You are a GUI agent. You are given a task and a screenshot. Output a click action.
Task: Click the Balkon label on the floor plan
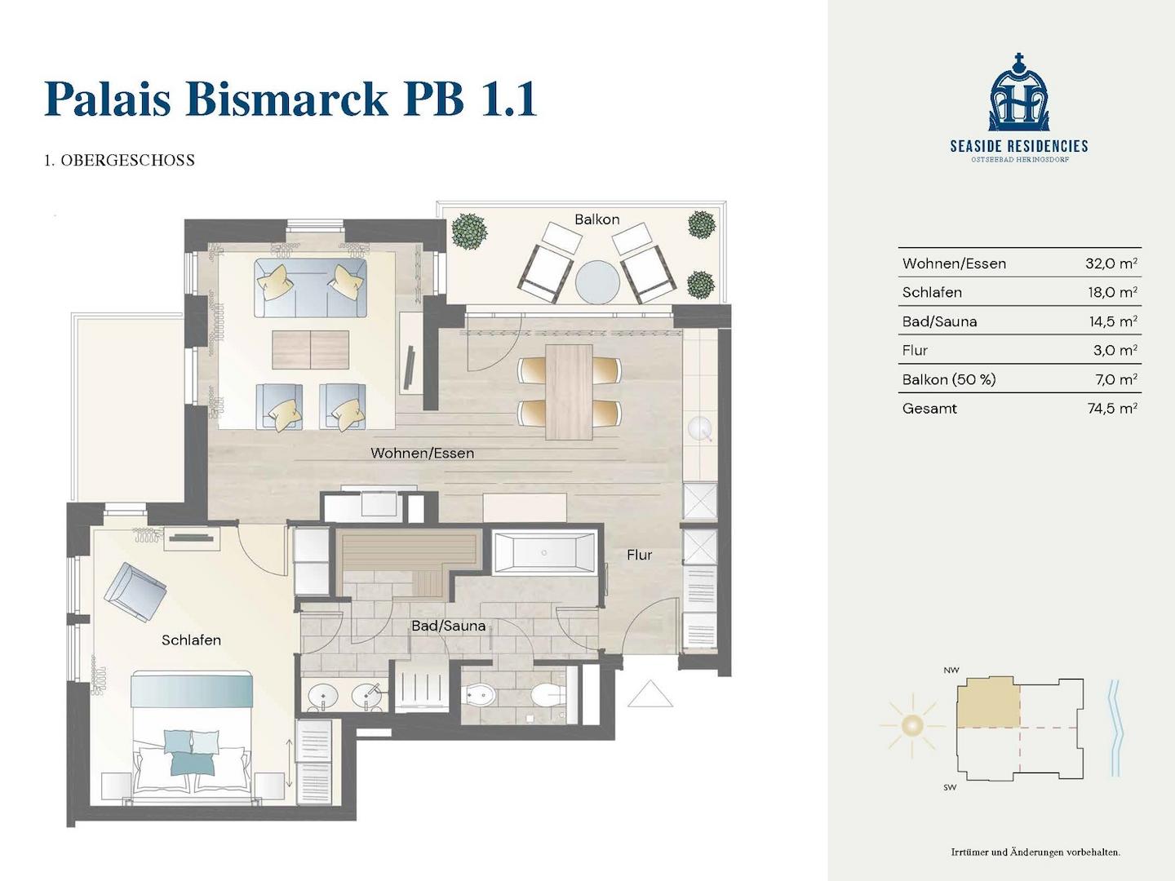pos(596,219)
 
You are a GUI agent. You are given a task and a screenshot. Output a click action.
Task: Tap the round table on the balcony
pos(597,281)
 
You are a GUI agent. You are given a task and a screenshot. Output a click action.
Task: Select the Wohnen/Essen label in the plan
pos(423,453)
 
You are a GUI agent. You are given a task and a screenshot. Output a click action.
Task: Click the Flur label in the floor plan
pos(639,555)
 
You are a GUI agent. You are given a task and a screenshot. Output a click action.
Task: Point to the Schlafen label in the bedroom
pos(191,640)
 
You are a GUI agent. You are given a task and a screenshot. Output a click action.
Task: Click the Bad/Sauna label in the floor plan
pos(449,626)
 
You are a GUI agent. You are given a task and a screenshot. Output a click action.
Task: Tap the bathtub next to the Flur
pos(544,553)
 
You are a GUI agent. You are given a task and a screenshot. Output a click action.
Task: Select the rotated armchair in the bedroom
pos(135,591)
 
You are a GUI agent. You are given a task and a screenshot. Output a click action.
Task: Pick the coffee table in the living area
pos(311,350)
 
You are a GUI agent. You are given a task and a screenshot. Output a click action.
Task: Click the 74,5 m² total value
pos(1112,408)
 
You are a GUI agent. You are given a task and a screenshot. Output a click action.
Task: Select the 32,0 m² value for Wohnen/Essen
pos(1111,263)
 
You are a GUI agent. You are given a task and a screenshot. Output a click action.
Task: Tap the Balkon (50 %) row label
pos(949,379)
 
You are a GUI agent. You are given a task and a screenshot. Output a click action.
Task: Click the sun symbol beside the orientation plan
pos(912,726)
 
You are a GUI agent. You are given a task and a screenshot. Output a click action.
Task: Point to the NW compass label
pos(951,670)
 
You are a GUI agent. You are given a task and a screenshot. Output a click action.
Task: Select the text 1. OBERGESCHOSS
pos(119,160)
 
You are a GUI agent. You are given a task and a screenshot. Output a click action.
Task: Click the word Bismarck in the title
pos(287,99)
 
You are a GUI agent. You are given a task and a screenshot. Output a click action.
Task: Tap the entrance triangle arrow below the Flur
pos(650,693)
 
